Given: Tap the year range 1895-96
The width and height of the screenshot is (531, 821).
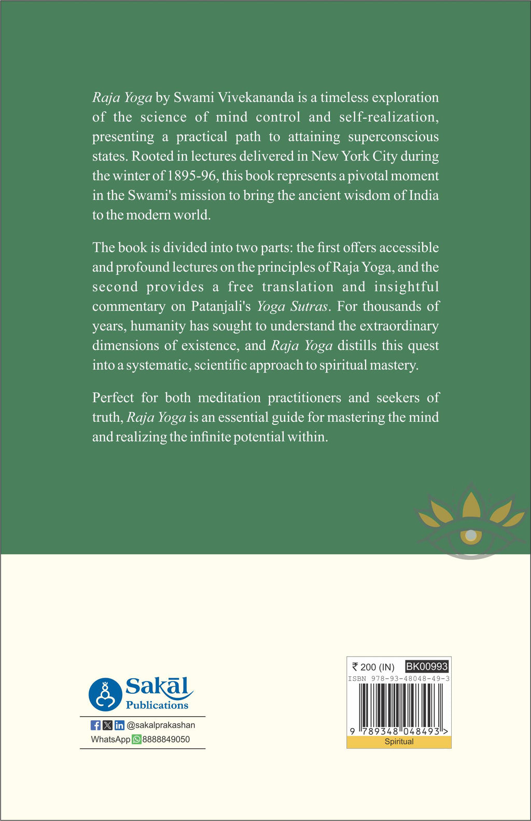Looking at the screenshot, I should tap(191, 176).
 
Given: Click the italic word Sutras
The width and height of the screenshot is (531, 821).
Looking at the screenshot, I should tap(309, 307).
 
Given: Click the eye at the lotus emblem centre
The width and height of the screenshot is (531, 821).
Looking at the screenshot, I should tap(471, 535).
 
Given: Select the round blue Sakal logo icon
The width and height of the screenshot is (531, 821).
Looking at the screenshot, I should tap(105, 694).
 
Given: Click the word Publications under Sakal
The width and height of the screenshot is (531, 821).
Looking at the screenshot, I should tap(157, 705).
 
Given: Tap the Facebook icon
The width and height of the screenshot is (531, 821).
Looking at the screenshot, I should tap(95, 725).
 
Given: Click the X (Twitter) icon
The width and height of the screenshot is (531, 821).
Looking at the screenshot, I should tap(107, 725).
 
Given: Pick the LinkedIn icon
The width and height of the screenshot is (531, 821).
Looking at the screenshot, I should tap(119, 725).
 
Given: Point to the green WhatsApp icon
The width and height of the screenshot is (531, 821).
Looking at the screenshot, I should tap(136, 740).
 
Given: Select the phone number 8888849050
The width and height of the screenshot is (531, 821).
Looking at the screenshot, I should tap(166, 740).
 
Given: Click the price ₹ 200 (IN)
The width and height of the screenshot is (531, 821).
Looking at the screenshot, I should tap(373, 667).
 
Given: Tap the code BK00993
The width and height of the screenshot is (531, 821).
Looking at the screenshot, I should tap(427, 667).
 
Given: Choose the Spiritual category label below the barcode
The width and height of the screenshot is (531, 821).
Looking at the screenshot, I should tap(399, 742).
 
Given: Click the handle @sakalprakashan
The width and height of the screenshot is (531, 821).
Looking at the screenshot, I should tap(161, 725).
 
